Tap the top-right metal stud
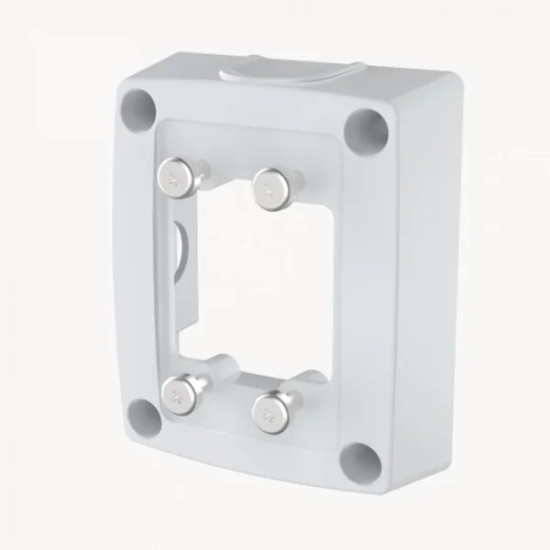[269, 188]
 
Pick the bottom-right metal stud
[270, 409]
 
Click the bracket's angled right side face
[422, 275]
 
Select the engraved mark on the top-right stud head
[267, 190]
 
